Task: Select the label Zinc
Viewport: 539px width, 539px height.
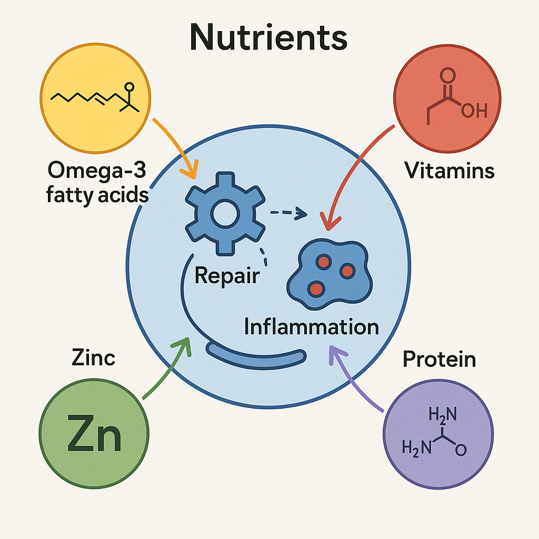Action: point(93,357)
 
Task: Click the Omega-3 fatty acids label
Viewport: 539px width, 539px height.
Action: point(97,183)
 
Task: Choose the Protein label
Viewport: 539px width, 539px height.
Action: point(439,359)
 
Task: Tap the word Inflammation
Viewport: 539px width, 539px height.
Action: point(312,326)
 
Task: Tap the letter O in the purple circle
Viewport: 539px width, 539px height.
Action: point(461,450)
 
